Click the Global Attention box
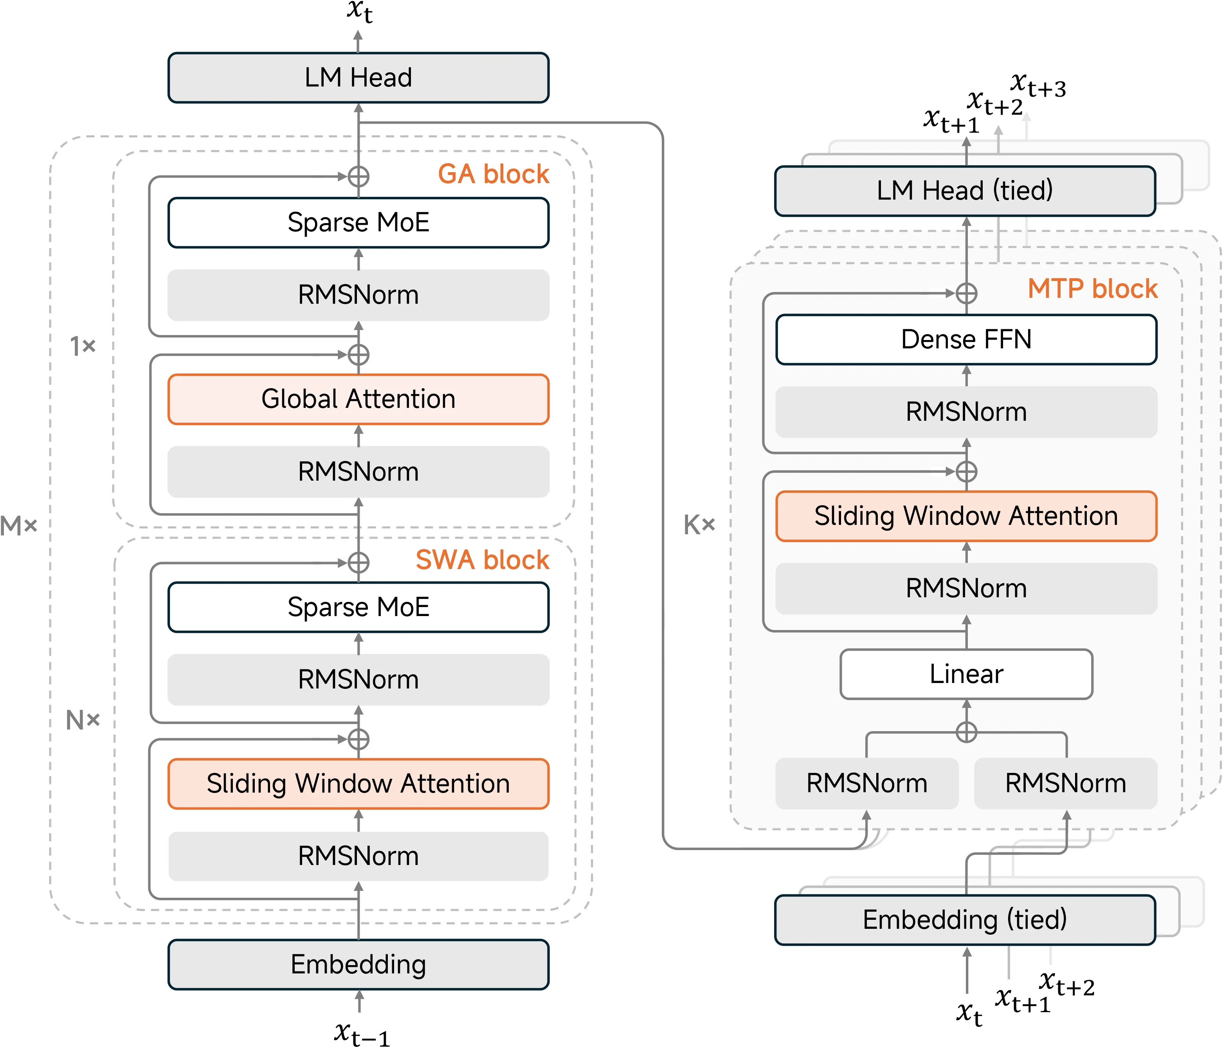[x=358, y=399]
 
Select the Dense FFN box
[x=966, y=339]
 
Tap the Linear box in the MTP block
[x=966, y=674]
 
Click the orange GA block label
[x=494, y=174]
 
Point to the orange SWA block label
[x=482, y=559]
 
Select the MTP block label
[x=1093, y=288]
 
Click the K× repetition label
[x=699, y=524]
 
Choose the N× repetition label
[x=83, y=720]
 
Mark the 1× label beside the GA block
[x=83, y=346]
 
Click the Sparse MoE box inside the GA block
[x=358, y=222]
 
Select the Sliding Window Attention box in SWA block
[x=358, y=784]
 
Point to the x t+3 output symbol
[x=1037, y=86]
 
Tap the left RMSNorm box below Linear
[x=866, y=783]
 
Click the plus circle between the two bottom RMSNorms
[x=966, y=732]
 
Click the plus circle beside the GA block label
[x=358, y=176]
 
